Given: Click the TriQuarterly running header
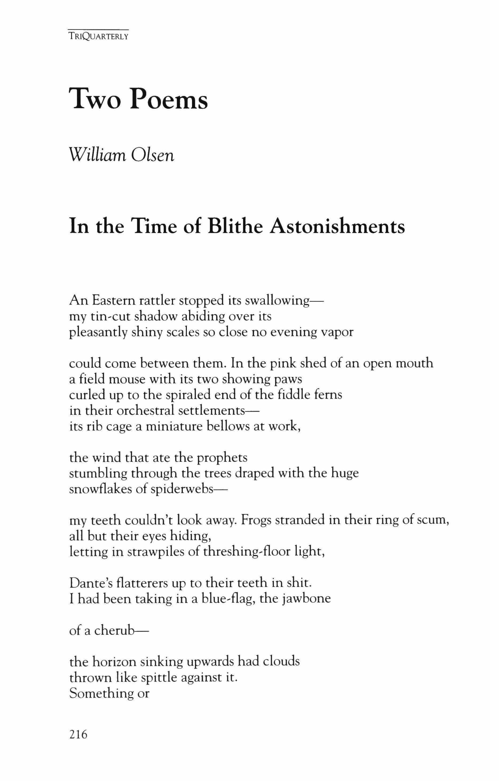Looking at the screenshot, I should [98, 36].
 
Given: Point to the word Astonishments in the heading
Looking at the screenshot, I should [337, 226].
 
